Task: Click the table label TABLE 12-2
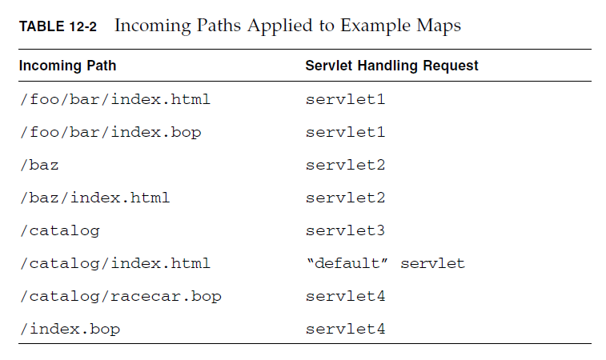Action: coord(58,27)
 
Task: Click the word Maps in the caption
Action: coord(439,26)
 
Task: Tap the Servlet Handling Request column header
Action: coord(391,66)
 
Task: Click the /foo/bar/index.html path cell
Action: coord(114,100)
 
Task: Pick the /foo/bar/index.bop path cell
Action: coord(110,132)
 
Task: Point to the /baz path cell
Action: coord(38,165)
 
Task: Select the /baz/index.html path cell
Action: coord(94,197)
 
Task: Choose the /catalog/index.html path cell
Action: coord(114,263)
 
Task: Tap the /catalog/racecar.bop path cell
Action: coord(120,296)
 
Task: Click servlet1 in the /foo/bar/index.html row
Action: coord(345,100)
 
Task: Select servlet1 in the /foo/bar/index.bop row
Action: coord(345,132)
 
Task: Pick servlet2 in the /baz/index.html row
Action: coord(345,197)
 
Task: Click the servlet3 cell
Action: coord(345,230)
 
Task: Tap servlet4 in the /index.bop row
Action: coord(345,329)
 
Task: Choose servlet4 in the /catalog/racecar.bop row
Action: coord(345,296)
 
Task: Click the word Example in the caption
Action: coord(373,26)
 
